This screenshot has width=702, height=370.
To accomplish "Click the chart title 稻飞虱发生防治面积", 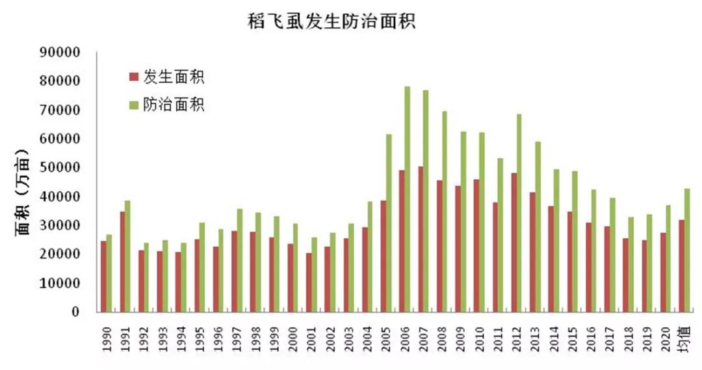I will (x=331, y=22).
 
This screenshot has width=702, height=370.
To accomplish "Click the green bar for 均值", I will (x=687, y=250).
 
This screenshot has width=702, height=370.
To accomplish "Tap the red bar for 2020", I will (x=662, y=272).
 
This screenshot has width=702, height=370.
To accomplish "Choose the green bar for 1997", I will (x=240, y=260).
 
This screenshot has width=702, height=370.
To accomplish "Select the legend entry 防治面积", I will (x=166, y=105).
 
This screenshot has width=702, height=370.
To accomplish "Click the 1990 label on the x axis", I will (x=106, y=337).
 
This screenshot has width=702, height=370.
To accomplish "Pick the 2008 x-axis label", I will (x=442, y=337).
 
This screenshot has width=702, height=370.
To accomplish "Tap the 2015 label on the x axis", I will (x=573, y=337).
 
